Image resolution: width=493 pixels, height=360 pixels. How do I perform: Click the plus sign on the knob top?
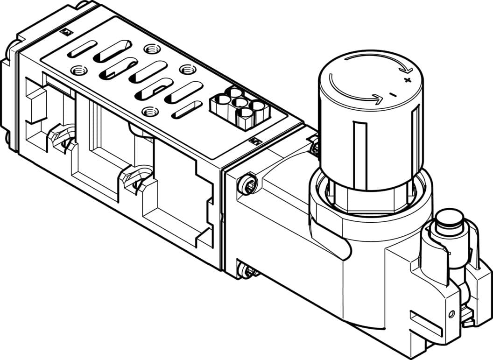pos(408,81)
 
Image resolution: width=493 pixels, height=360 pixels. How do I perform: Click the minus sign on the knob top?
pos(392,95)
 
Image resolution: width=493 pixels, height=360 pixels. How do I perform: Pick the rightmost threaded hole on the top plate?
pos(188,69)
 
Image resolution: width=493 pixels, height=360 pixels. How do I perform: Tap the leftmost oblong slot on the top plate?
pos(82,49)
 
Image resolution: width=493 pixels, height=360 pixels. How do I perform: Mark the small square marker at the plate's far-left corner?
pos(66,32)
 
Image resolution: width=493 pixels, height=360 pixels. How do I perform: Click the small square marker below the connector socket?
pos(255,141)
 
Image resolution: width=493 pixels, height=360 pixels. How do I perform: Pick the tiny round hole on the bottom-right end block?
pos(451,314)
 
